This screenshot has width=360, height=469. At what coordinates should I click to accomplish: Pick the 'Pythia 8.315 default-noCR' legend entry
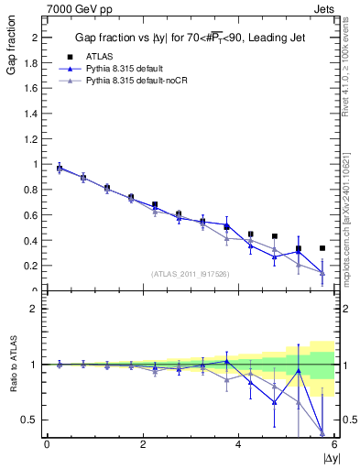(143, 81)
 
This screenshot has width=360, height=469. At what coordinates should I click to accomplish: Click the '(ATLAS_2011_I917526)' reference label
(190, 274)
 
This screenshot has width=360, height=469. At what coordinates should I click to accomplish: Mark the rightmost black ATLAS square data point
(322, 248)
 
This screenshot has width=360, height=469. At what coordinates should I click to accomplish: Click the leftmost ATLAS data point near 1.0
(60, 169)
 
